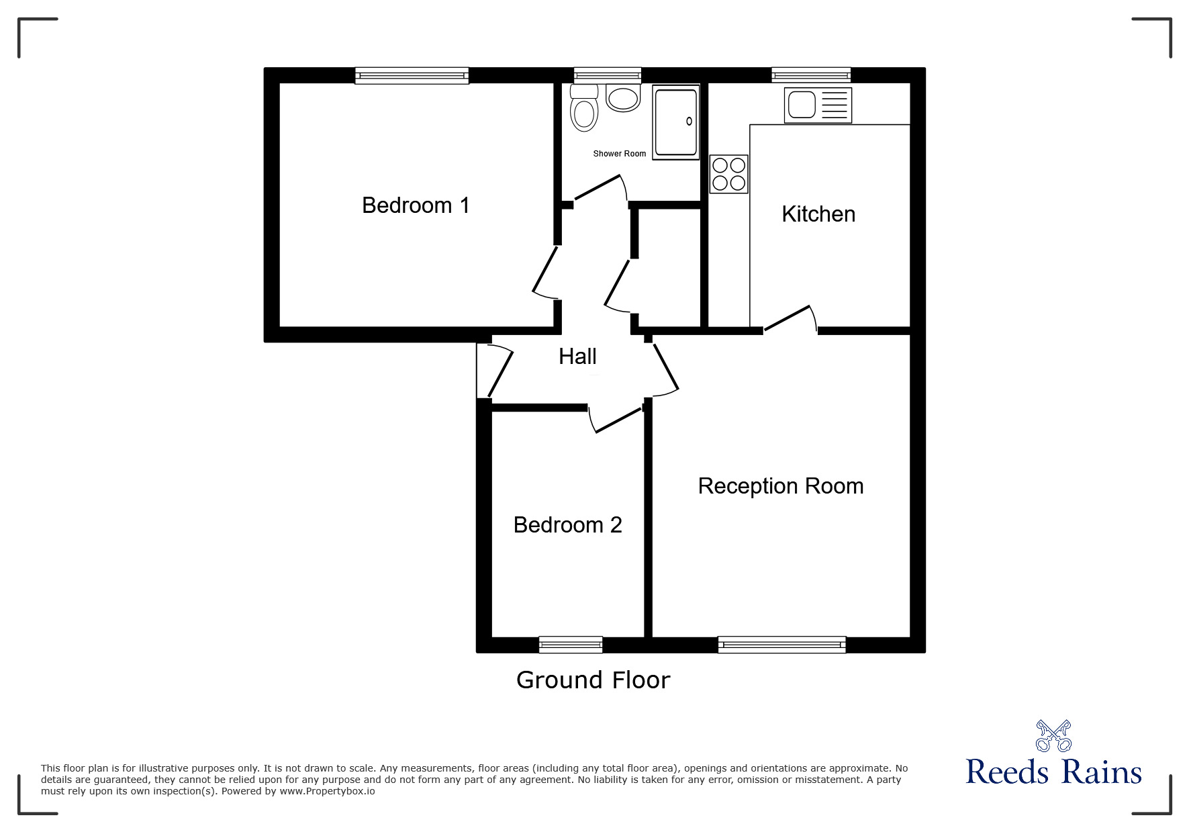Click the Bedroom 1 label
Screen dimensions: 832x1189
click(x=416, y=205)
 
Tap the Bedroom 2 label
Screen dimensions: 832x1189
click(x=567, y=525)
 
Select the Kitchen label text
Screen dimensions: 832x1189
click(x=818, y=214)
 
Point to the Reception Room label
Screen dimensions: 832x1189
click(x=780, y=486)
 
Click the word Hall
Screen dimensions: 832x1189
click(x=577, y=357)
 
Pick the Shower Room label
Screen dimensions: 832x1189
click(x=619, y=154)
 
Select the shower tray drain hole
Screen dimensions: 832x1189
click(x=689, y=122)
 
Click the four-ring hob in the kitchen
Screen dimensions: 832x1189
click(x=728, y=174)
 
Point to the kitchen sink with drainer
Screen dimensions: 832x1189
click(x=817, y=105)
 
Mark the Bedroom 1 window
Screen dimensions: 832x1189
click(x=412, y=76)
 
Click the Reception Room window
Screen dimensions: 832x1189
click(x=781, y=645)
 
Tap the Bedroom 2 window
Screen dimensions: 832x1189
click(x=571, y=645)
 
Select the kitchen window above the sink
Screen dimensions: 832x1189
click(x=811, y=75)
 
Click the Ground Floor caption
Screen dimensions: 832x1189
click(x=593, y=680)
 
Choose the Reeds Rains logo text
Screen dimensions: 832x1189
click(x=1053, y=773)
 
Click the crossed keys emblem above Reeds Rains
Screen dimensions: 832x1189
click(x=1053, y=735)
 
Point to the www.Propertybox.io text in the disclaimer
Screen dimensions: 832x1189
click(x=328, y=791)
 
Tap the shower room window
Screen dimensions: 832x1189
click(x=608, y=75)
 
